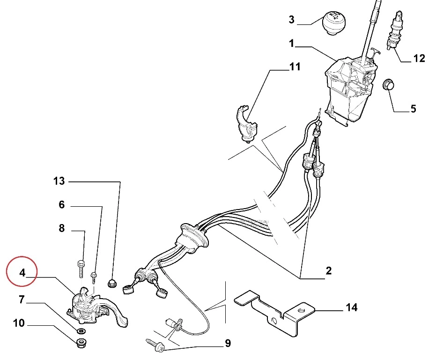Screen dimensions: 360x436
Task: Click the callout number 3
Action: tap(291, 20)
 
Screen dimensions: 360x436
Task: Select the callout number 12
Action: tap(419, 59)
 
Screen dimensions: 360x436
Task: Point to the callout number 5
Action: tap(413, 109)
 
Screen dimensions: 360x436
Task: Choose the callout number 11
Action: tap(294, 67)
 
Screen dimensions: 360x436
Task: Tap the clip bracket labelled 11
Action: tap(245, 123)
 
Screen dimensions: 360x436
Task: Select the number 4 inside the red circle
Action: tap(22, 272)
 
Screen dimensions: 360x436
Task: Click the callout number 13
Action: tap(59, 181)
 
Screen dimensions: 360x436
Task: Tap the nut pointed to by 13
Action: tap(112, 282)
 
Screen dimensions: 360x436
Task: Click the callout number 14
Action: tap(351, 307)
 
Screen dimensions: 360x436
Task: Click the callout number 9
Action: tap(228, 344)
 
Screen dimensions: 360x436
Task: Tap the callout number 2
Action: tap(328, 270)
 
